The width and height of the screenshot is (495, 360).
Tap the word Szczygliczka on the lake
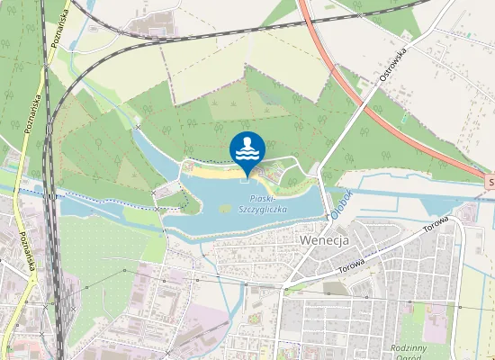click(x=263, y=209)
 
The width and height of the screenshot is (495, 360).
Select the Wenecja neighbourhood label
click(x=322, y=240)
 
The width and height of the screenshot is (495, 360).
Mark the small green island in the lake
click(x=222, y=209)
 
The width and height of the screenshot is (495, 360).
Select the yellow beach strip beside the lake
click(x=212, y=168)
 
